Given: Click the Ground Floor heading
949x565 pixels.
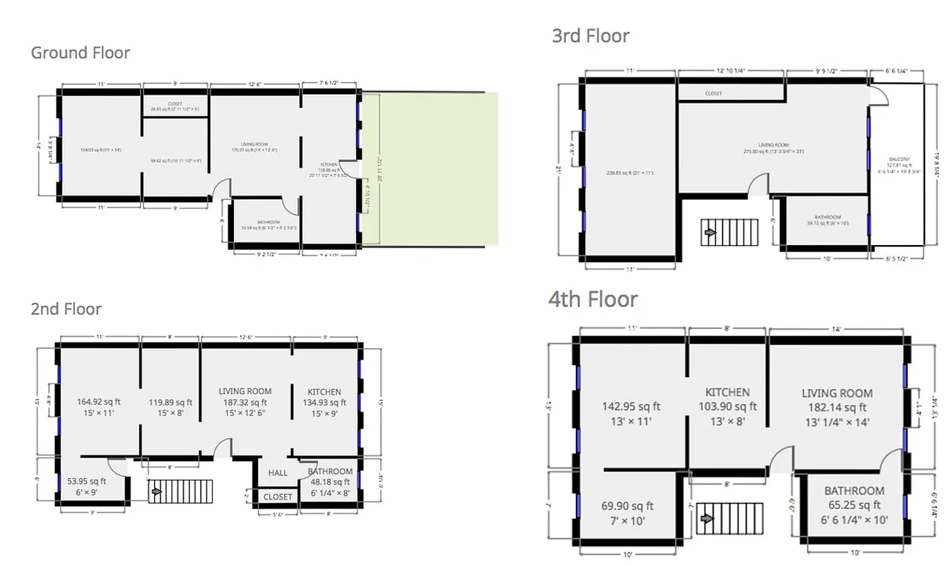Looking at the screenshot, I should pyautogui.click(x=81, y=52).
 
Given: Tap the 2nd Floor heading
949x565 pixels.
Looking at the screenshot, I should pyautogui.click(x=66, y=309).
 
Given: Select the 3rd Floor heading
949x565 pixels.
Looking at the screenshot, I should pyautogui.click(x=590, y=36).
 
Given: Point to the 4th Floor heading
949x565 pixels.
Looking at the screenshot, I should pyautogui.click(x=593, y=299).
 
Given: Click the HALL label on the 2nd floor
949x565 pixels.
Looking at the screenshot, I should pyautogui.click(x=278, y=473).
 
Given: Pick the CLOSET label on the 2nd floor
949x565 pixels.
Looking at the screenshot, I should pyautogui.click(x=278, y=496).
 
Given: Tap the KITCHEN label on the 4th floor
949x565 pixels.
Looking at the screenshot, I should pyautogui.click(x=727, y=392).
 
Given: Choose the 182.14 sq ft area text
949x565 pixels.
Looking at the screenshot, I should pyautogui.click(x=837, y=408).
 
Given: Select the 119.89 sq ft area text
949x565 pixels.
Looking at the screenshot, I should pyautogui.click(x=170, y=403).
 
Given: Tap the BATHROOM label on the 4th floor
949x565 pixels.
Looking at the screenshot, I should pyautogui.click(x=854, y=491).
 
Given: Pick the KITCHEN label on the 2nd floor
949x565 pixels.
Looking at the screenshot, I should pyautogui.click(x=324, y=392).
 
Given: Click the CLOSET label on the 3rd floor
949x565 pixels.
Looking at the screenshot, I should pyautogui.click(x=713, y=93).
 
